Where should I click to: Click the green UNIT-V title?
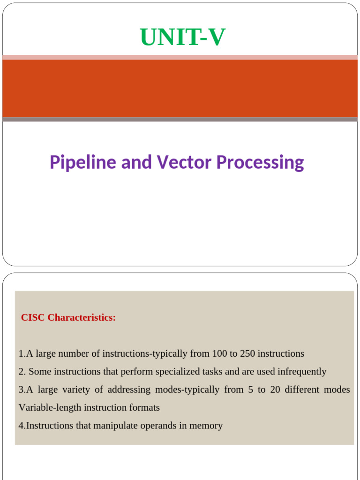pyautogui.click(x=183, y=38)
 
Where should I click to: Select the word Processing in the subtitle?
pyautogui.click(x=260, y=163)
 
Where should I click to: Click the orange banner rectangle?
pyautogui.click(x=180, y=88)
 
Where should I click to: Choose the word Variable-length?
pyautogui.click(x=49, y=408)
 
